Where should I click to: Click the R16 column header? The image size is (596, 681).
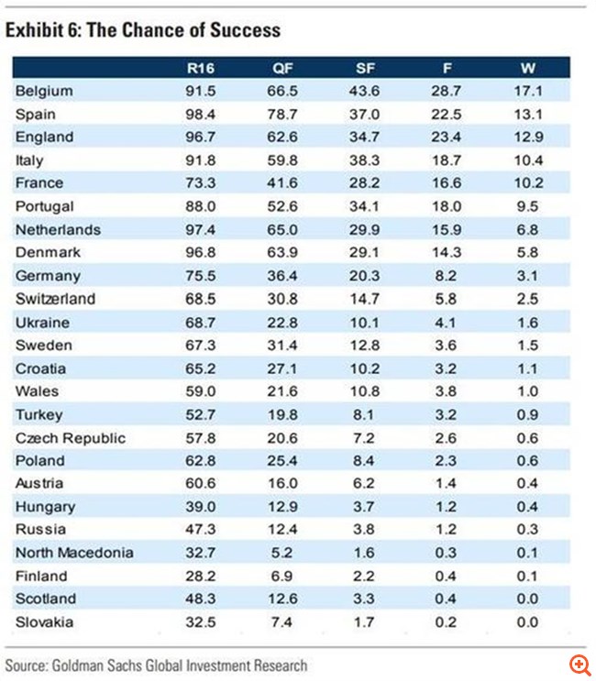click(199, 68)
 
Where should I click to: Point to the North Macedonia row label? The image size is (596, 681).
click(74, 553)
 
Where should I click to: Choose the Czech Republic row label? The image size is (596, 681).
click(71, 438)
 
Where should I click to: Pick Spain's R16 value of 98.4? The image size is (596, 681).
click(201, 115)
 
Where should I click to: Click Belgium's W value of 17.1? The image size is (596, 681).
click(531, 92)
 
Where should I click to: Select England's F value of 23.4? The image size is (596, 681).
click(447, 137)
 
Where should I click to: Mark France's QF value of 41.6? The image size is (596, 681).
click(284, 183)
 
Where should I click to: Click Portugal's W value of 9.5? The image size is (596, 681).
click(531, 207)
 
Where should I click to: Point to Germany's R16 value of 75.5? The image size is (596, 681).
click(201, 276)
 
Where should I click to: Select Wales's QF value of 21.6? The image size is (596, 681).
click(284, 391)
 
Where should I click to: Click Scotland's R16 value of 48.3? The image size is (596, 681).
click(201, 599)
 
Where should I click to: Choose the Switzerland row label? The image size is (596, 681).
click(56, 299)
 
